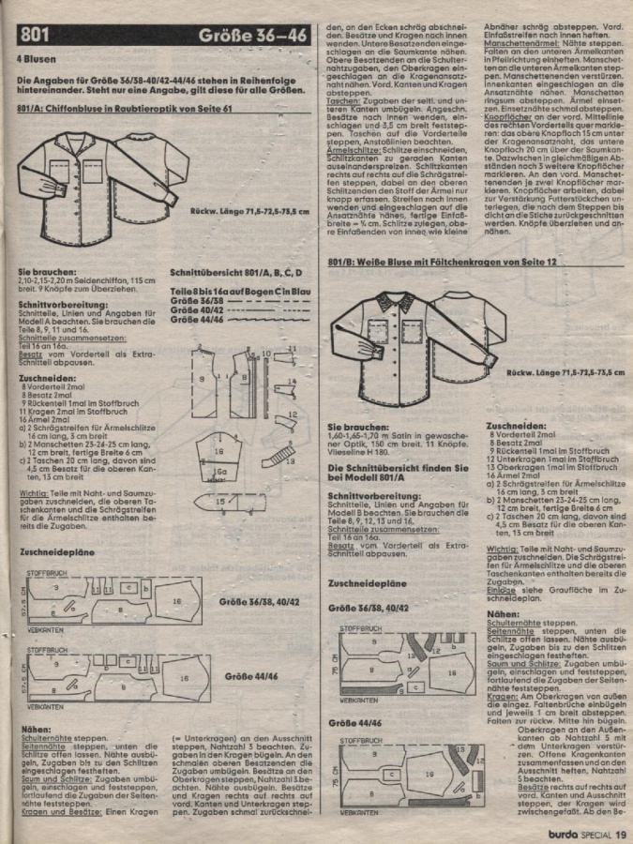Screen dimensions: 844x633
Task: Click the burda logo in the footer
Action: tap(560, 826)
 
